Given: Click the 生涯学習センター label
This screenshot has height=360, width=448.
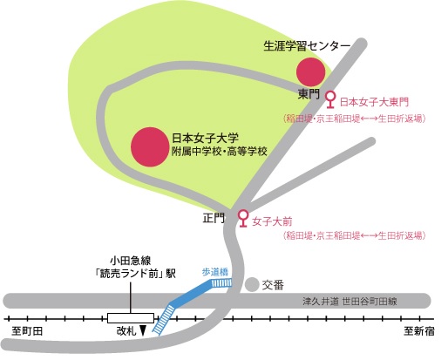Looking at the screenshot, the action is coord(307,46).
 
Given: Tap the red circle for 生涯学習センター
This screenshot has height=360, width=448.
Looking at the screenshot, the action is coord(310,71).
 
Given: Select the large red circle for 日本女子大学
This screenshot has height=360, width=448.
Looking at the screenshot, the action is coord(150,147).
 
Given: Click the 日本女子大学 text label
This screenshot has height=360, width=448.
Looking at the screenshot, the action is coord(205,138).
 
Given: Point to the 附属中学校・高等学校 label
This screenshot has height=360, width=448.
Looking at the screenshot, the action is coord(219,152).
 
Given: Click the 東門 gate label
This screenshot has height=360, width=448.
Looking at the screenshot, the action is coord(309,94).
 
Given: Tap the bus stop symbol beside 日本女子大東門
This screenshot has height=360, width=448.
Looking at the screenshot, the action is coord(329,99).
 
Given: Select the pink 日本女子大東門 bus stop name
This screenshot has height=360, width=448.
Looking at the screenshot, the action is coord(374,102).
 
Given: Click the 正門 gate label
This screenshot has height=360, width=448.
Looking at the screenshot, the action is coord(214,218).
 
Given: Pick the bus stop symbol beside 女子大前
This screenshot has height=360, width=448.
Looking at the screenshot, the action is coord(243,219).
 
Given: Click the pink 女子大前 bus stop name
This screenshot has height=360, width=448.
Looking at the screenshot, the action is coord(272,221).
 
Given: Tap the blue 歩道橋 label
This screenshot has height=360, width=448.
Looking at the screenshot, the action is coord(215,272).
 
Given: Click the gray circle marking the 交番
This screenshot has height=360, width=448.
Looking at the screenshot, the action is coord(252,284).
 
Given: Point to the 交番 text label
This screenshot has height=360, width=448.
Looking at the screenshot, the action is coord(273,285).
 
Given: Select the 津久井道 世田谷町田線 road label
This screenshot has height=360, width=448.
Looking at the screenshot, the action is coord(350,301).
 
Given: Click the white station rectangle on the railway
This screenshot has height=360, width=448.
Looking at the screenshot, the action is coord(131,318).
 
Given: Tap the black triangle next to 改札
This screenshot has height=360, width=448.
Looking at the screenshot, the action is coord(143,330).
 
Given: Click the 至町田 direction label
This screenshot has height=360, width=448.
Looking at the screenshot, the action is coord(27,331).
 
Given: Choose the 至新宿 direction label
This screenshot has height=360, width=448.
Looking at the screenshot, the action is coord(418,331).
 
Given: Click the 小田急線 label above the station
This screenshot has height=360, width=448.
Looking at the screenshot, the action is coord(131,260).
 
